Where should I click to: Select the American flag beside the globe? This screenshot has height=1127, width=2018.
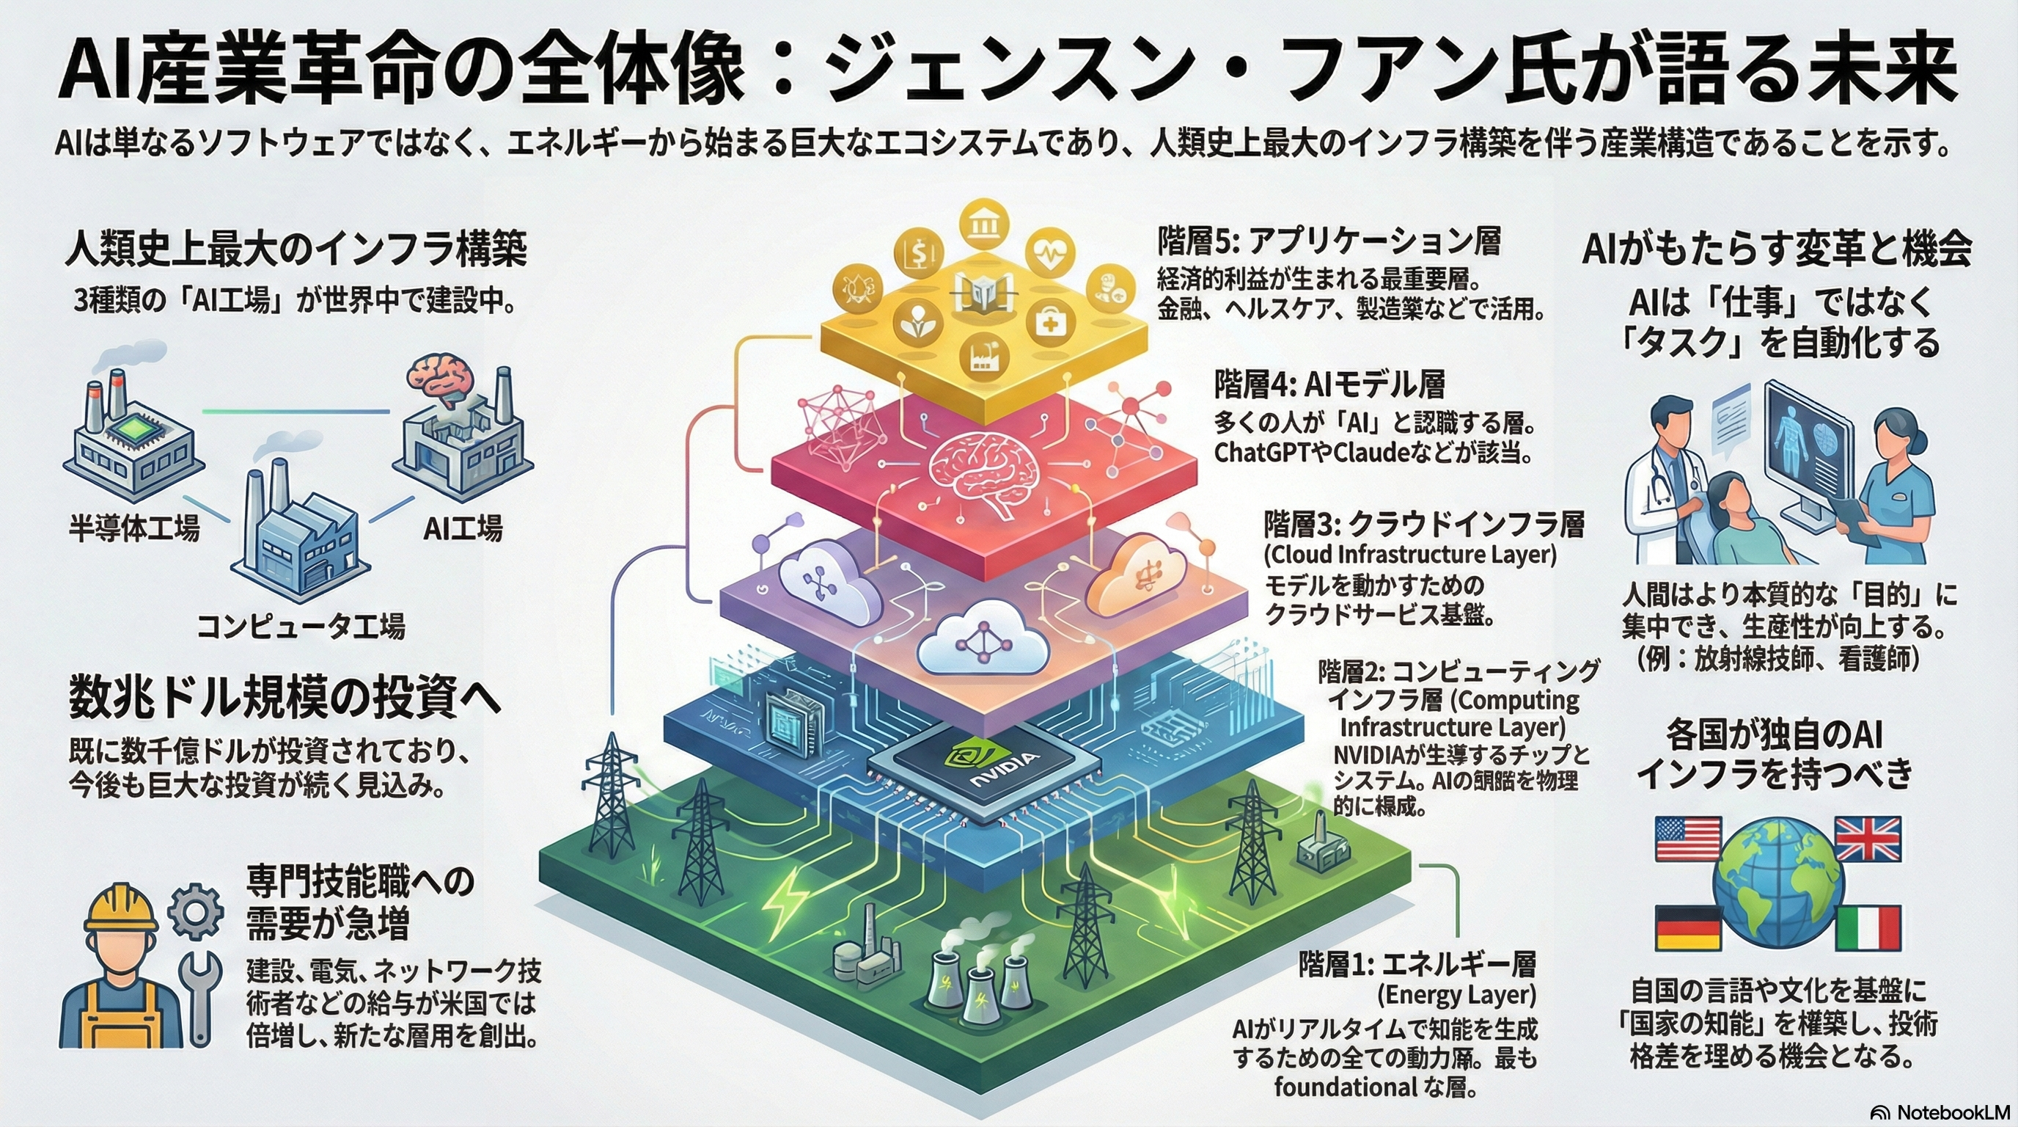click(1688, 839)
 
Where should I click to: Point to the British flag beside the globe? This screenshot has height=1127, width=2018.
click(1868, 839)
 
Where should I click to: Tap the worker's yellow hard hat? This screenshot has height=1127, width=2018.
click(122, 909)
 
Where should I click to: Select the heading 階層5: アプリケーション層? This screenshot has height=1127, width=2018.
click(1329, 241)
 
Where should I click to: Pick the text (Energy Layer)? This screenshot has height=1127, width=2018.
click(1456, 996)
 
